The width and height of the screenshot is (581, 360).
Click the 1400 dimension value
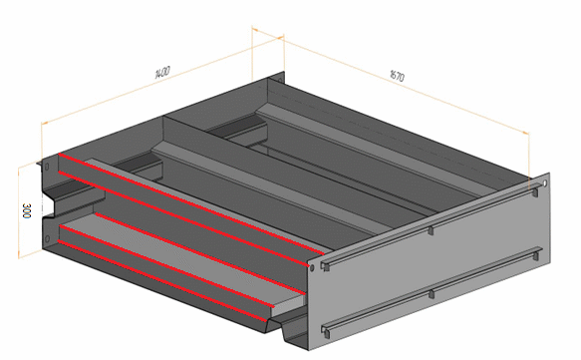point(162,72)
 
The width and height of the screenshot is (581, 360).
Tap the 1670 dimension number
point(398,76)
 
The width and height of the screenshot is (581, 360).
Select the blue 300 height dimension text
point(27,210)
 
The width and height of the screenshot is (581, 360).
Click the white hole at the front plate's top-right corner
point(545,183)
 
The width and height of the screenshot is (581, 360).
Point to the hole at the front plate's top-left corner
point(312,267)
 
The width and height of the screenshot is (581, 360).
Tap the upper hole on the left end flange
point(47,167)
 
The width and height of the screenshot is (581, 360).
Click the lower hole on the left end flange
point(47,238)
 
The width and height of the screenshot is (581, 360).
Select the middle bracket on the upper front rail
point(431,230)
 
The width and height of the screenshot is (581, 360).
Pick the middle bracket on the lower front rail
point(431,294)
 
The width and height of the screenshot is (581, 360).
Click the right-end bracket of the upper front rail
point(535,192)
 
